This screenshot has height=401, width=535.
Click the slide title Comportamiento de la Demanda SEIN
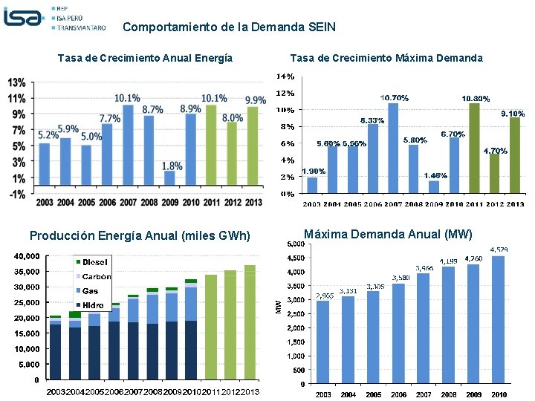pos(229,27)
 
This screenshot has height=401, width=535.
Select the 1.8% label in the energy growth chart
pos(172,166)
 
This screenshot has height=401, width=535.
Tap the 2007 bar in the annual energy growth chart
pos(128,145)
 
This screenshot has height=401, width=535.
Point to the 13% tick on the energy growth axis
pos(17,82)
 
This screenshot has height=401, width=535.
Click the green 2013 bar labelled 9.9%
pos(253,146)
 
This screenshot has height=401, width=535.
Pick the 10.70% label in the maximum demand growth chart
pos(394,98)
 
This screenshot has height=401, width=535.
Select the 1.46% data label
pos(435,176)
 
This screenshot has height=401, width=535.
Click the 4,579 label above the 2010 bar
pos(499,250)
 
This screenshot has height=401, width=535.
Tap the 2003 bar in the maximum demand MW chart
pos(322,342)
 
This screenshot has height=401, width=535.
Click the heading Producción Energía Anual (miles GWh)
pos(140,236)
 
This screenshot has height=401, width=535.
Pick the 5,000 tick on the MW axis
pos(294,244)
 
